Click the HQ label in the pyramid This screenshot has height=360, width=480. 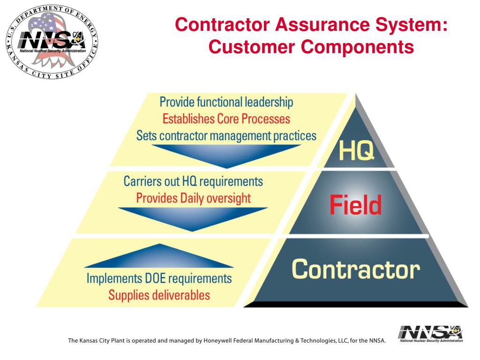[357, 151]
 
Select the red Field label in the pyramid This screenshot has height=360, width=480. [355, 205]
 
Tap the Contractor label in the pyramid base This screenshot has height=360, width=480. [355, 270]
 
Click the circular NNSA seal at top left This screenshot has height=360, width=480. [52, 42]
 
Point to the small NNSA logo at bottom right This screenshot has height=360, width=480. [430, 334]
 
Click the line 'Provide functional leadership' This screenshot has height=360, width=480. [226, 102]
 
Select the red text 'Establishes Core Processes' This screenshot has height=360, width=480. [226, 119]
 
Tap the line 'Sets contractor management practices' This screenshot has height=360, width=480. [226, 136]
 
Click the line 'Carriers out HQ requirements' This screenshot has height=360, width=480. [193, 181]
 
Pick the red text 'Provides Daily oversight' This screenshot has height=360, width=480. [193, 198]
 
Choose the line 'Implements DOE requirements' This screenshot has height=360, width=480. [159, 278]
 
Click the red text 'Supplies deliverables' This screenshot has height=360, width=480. [159, 295]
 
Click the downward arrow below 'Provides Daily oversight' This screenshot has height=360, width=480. [193, 218]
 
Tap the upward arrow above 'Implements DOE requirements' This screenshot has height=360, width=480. [159, 257]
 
